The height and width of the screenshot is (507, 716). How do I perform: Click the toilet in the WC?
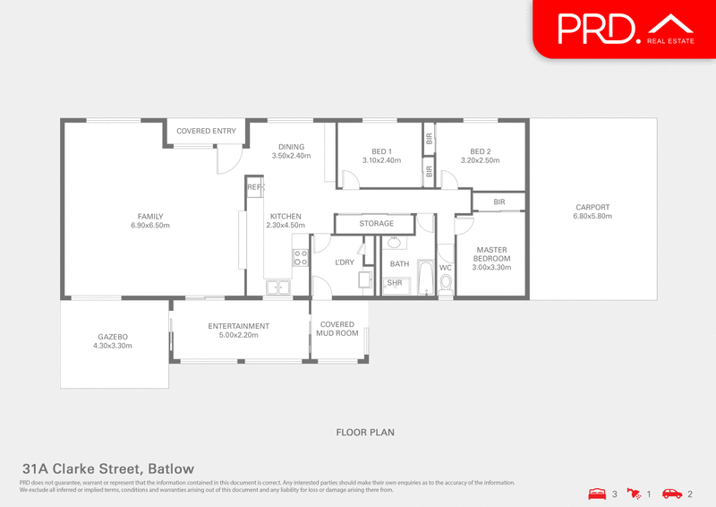point(447,283)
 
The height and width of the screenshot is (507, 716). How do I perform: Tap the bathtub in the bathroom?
point(424,279)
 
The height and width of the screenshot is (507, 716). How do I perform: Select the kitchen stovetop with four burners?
point(300,259)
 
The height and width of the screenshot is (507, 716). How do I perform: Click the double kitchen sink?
point(277,288)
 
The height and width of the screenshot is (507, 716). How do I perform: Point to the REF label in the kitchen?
point(254,186)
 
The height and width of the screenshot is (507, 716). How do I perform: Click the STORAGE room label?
point(376,223)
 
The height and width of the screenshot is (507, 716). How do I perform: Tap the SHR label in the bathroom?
point(395,284)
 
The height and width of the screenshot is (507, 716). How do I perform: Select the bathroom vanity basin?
point(395,242)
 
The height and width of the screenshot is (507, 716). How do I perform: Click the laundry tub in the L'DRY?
point(365,280)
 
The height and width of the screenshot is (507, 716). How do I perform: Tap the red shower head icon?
point(634,493)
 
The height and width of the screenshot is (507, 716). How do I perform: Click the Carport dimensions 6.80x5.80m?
point(592,217)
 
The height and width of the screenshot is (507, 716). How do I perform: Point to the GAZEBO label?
point(113,337)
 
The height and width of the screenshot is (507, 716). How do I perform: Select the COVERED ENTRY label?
point(206,131)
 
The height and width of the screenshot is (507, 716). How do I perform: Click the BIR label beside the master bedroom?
point(499,202)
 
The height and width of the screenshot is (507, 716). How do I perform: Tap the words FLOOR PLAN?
point(365,432)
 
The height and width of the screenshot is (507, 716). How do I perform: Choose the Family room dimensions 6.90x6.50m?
point(149,225)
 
